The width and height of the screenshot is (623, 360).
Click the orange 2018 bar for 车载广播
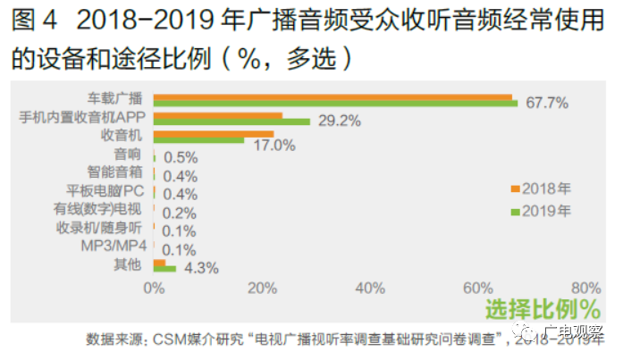(x=333, y=96)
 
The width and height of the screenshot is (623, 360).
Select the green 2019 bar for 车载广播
(x=335, y=104)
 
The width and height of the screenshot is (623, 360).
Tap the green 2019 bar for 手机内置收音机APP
(x=232, y=121)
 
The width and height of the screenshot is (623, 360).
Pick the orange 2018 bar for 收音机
(x=213, y=133)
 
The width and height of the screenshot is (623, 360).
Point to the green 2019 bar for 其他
(x=164, y=268)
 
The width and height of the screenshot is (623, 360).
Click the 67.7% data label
(x=547, y=103)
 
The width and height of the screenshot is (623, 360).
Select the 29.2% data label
(x=339, y=121)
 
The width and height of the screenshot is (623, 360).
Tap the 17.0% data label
(x=273, y=140)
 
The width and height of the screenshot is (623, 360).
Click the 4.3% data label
(x=202, y=268)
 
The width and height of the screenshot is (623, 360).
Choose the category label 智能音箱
(x=115, y=172)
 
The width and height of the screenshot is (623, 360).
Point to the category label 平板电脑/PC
(x=105, y=191)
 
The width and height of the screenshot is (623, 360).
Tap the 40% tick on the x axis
(x=370, y=289)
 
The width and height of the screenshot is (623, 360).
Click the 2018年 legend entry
(x=545, y=188)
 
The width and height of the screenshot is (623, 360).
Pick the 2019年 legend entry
(x=545, y=211)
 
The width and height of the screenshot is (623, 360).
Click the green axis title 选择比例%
(x=542, y=310)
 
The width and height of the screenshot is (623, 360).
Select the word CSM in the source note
(x=171, y=339)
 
